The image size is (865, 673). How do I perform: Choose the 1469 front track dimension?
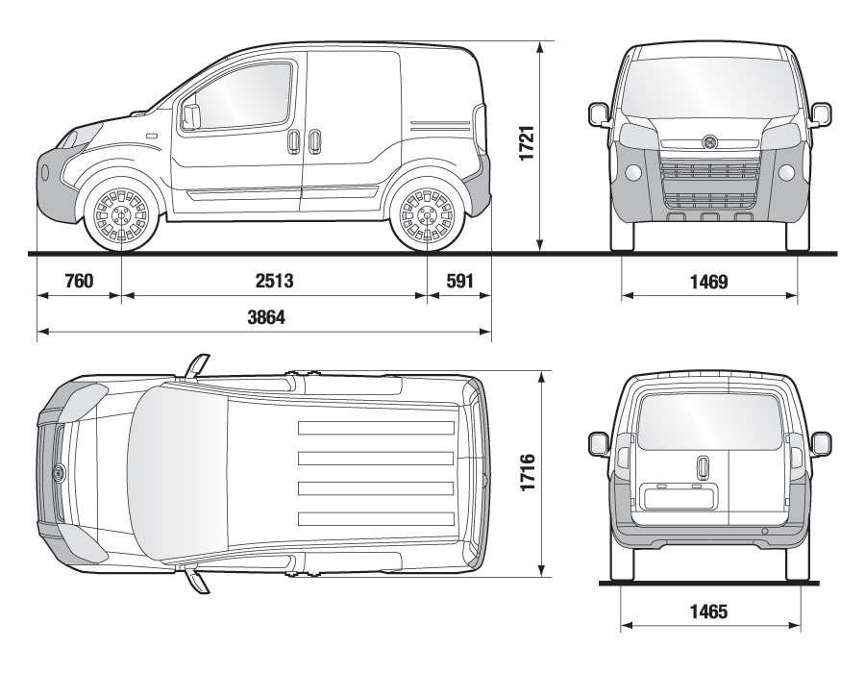coord(709,282)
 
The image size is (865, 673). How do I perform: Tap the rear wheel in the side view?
coord(427,215)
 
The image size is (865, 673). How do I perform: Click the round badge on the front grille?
coord(709,143)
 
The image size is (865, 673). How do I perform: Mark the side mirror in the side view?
coord(191,115)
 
